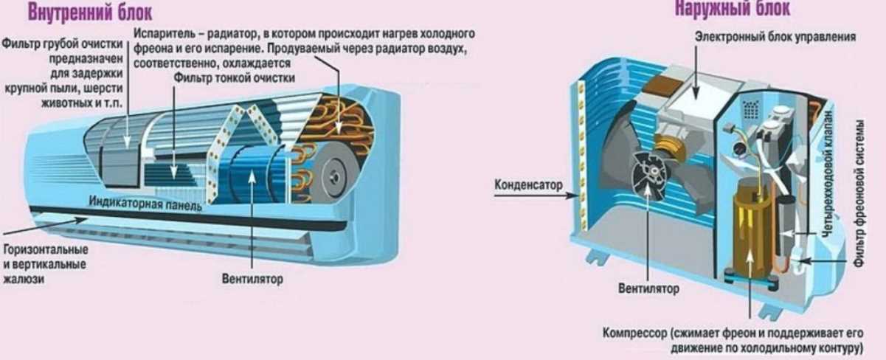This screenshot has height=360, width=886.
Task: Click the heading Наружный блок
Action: point(732,9)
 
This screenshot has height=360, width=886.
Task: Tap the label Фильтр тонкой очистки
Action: point(235,77)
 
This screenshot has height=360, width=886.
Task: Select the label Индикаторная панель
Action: point(145,204)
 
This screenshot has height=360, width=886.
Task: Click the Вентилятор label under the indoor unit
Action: point(252,280)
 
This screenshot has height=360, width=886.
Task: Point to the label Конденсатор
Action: point(528,184)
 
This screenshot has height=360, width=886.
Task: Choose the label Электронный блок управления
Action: point(775,36)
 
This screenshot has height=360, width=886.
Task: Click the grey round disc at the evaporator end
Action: point(336,176)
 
